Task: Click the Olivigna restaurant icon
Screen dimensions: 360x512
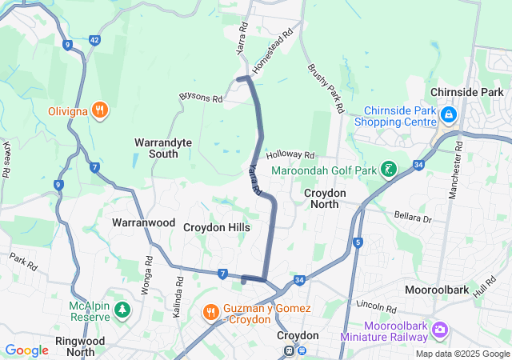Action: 99,110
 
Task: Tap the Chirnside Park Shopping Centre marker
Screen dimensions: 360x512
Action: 447,115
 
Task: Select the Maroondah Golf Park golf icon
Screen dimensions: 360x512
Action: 388,170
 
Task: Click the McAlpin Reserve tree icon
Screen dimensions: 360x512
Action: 122,310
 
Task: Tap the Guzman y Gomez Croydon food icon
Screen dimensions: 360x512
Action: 210,310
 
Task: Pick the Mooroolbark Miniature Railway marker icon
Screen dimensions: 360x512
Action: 439,330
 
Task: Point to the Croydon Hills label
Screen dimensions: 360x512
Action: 217,228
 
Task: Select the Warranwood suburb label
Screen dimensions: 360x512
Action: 143,222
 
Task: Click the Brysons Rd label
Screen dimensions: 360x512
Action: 201,97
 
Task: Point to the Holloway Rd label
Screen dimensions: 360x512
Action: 291,154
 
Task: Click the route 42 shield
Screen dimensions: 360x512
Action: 94,39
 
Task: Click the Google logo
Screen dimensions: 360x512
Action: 26,350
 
